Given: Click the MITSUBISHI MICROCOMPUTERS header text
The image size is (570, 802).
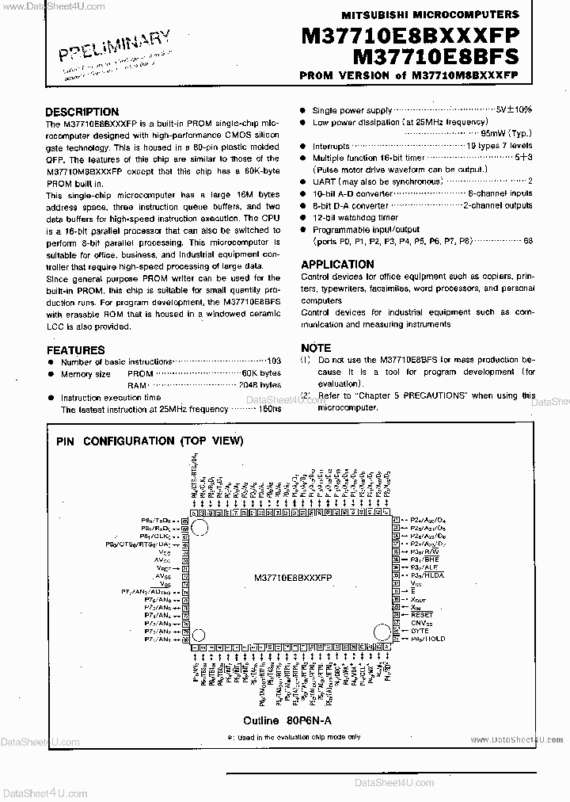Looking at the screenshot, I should click(430, 14).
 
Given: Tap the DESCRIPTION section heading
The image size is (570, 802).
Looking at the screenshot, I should click(82, 112).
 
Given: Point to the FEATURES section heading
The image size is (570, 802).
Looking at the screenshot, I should click(75, 349).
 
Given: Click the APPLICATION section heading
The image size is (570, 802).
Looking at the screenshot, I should click(337, 265).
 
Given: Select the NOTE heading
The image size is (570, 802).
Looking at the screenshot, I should click(316, 348).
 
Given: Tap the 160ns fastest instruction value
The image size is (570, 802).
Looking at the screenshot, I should click(269, 409).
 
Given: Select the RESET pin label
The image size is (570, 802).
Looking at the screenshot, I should click(421, 614).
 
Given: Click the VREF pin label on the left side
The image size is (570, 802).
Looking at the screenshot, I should click(163, 568).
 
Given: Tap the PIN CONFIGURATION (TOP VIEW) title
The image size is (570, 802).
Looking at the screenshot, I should click(150, 441).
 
